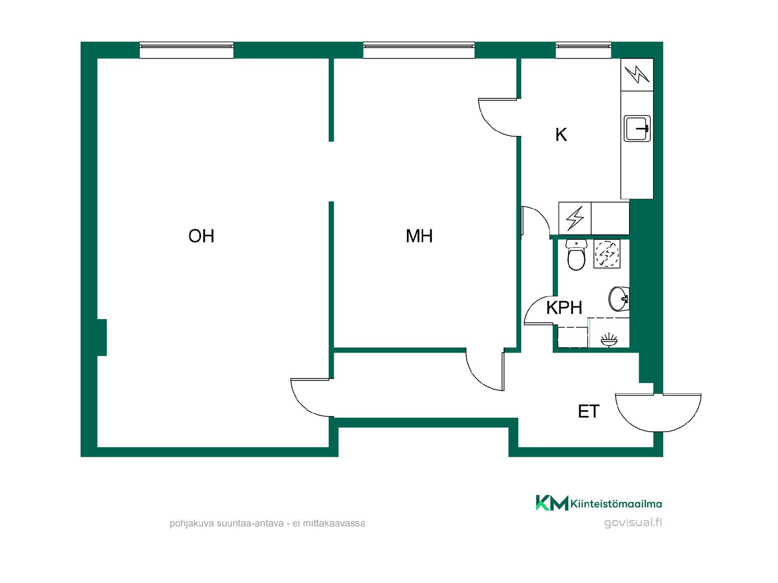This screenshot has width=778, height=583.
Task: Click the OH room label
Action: [x=201, y=236]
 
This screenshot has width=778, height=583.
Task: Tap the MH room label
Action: [x=419, y=236]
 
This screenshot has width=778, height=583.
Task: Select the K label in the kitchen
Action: [x=561, y=135]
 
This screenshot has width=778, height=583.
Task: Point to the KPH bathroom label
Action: [x=564, y=308]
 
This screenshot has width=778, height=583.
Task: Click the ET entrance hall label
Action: [x=589, y=412]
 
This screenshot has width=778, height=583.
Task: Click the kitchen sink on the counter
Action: [x=637, y=128]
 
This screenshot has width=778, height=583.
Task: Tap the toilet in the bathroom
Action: [x=576, y=255]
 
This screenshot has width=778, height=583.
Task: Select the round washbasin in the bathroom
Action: [x=619, y=299]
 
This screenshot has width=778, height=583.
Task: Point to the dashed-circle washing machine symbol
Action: [x=607, y=254]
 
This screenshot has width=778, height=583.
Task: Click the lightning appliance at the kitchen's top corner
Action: [x=637, y=74]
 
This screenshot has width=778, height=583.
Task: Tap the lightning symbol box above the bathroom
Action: [x=575, y=218]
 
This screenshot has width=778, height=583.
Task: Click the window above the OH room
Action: [x=186, y=50]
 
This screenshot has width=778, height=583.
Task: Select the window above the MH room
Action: [x=419, y=50]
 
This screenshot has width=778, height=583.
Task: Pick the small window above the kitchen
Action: [x=583, y=50]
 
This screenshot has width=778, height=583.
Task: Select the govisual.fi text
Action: [x=633, y=523]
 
